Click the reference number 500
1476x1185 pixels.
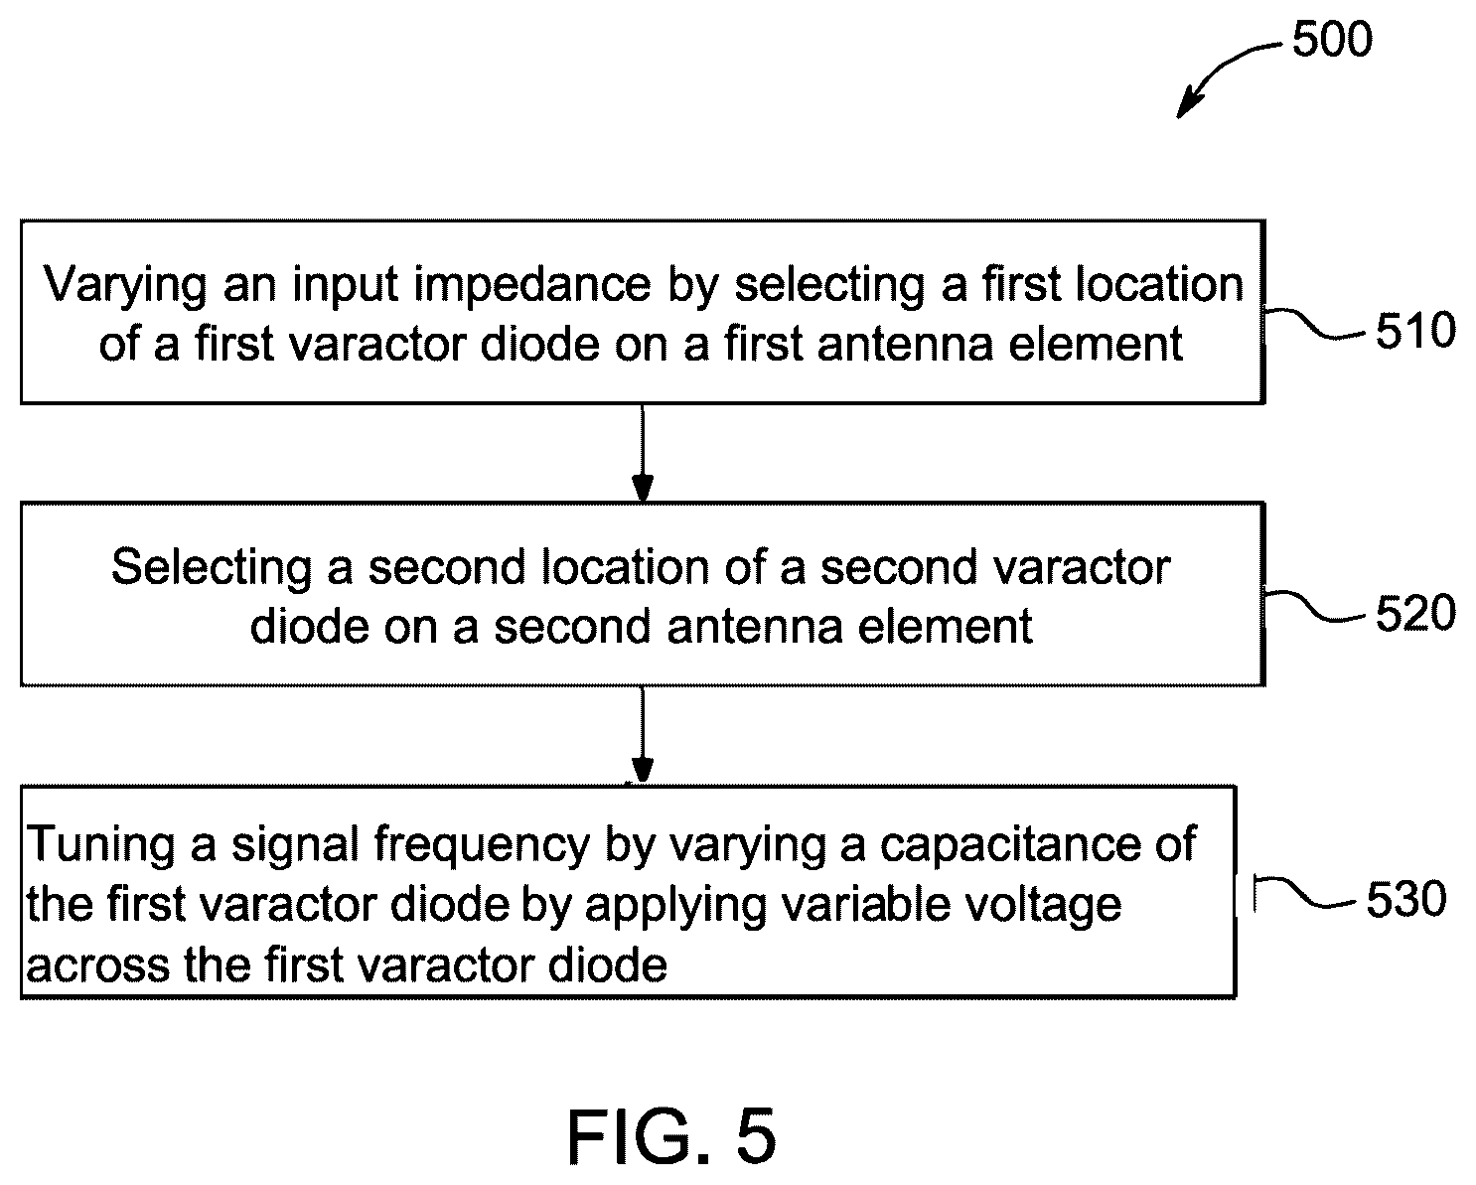pyautogui.click(x=1332, y=39)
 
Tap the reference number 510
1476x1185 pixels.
pyautogui.click(x=1415, y=331)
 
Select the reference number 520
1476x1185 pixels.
pyautogui.click(x=1415, y=613)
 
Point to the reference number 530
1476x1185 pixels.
pyautogui.click(x=1406, y=899)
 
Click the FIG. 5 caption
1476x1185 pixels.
pyautogui.click(x=672, y=1137)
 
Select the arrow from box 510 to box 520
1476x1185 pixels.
pyautogui.click(x=642, y=454)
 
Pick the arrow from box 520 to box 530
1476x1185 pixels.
pyautogui.click(x=642, y=735)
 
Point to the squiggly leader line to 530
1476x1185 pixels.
pyautogui.click(x=1305, y=892)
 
